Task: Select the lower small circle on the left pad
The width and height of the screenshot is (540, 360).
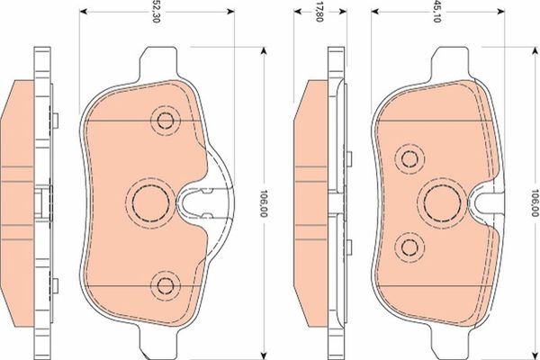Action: tap(165, 285)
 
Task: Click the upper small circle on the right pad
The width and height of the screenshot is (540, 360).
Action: tap(411, 158)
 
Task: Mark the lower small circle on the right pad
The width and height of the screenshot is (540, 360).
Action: tap(411, 247)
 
